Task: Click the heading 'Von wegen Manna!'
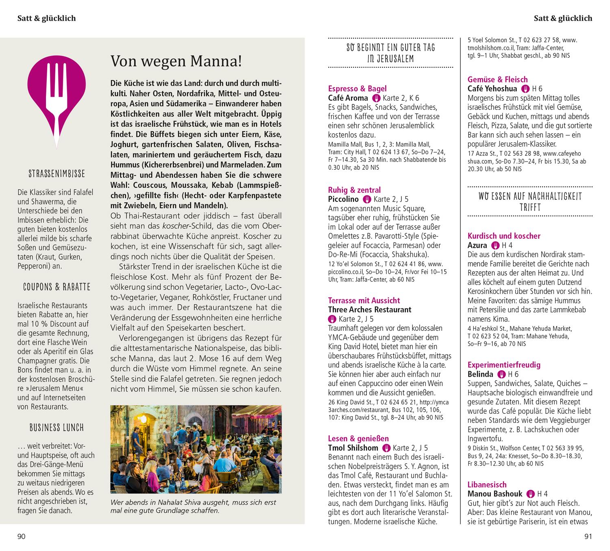click(176, 62)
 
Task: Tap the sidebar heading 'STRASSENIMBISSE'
click(57, 174)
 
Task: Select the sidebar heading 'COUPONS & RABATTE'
click(57, 287)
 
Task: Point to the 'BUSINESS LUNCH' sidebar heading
click(57, 428)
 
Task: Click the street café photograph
click(196, 449)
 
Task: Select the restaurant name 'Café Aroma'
click(348, 98)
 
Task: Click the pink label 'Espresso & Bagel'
click(357, 89)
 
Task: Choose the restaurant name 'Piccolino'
click(343, 199)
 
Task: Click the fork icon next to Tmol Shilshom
click(386, 448)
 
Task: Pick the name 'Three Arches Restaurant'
click(370, 310)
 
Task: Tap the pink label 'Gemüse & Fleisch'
click(497, 80)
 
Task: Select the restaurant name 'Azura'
click(477, 245)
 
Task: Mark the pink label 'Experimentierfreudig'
click(504, 365)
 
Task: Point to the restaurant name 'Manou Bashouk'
click(495, 494)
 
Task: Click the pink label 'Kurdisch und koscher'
click(504, 236)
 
